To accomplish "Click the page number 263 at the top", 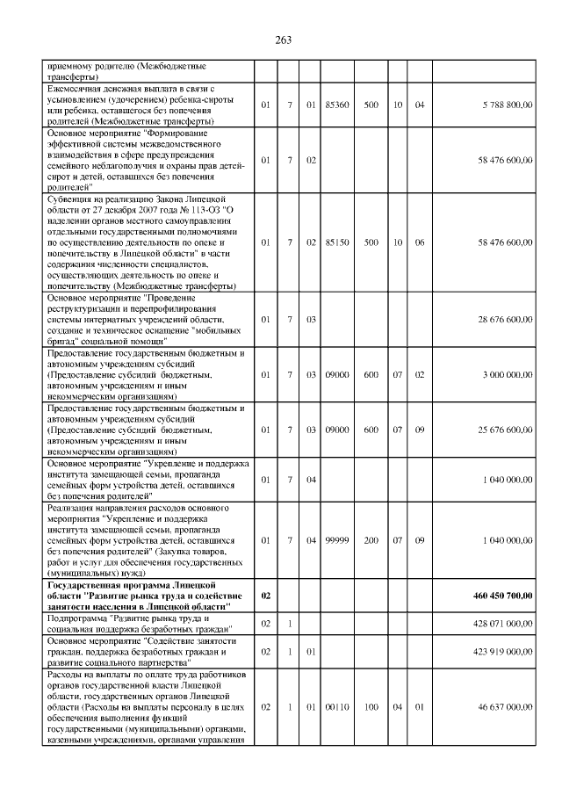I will [282, 40].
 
